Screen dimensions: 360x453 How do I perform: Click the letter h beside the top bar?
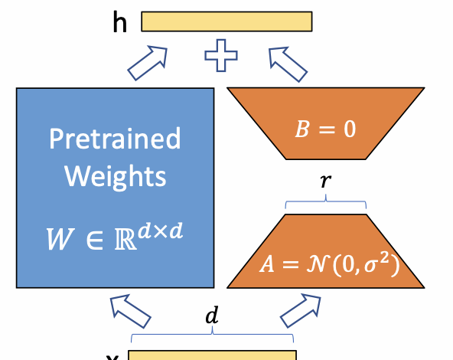tap(119, 22)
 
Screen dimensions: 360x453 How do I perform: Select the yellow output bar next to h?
tap(226, 21)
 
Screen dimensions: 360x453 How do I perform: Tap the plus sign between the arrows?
tap(220, 58)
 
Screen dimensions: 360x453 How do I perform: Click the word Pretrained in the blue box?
tap(115, 139)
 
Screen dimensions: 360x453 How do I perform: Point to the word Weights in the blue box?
tap(115, 176)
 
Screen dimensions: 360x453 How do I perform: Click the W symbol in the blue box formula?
tap(58, 240)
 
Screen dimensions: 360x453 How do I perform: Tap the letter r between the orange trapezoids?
tap(327, 182)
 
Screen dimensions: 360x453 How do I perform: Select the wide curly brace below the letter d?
tap(212, 336)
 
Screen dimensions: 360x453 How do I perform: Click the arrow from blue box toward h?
tap(148, 62)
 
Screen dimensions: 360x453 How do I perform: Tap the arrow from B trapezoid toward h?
tap(287, 62)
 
